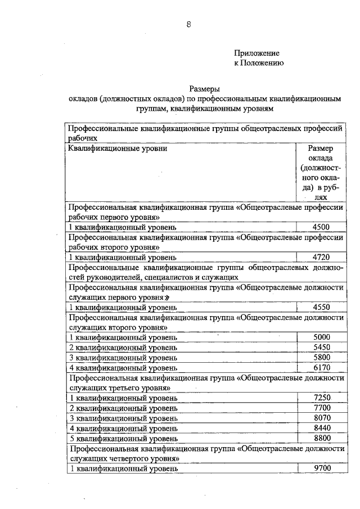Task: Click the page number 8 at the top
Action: coord(189,24)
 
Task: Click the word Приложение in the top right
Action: coord(256,53)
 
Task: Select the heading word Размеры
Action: coord(204,88)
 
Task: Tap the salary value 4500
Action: coord(321,227)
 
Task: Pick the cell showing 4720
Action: coord(321,257)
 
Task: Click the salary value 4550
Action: coord(321,307)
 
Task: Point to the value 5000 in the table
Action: coord(321,337)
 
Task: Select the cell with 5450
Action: coord(321,347)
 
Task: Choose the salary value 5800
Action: coord(321,357)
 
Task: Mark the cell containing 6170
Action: coord(321,367)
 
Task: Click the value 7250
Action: coord(321,398)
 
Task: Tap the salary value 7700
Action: coord(321,408)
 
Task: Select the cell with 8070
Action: coord(321,418)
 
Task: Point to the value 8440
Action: coord(321,428)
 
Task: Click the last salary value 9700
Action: coord(321,468)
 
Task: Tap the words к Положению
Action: coord(259,63)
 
